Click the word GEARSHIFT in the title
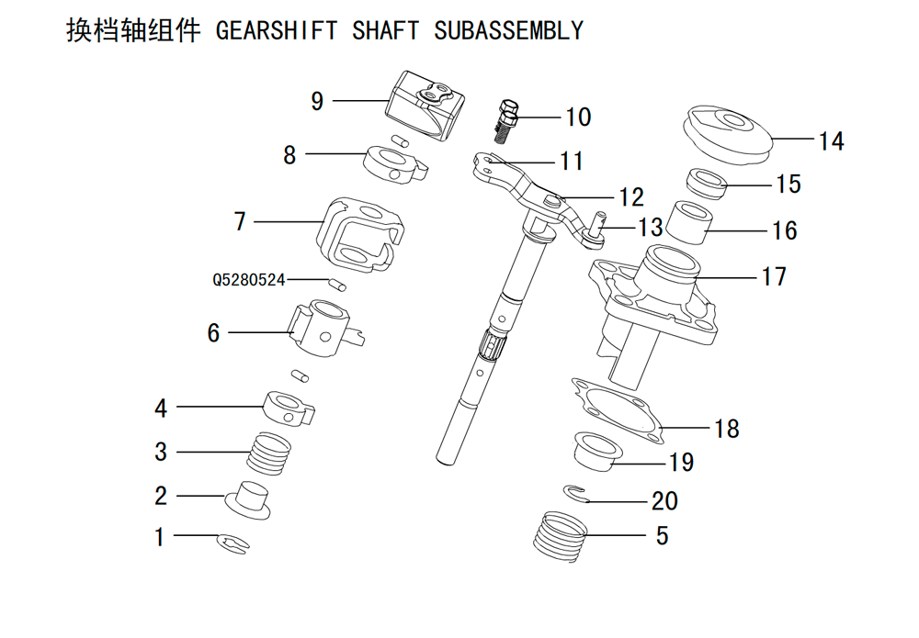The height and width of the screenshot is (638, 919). pos(277,31)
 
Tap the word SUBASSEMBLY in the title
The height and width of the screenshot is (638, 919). pos(509,31)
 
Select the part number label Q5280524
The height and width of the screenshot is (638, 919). pos(248,280)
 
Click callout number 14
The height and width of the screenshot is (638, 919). pos(831,141)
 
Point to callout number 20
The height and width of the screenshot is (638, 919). pos(664,501)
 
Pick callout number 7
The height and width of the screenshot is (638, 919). pos(240,222)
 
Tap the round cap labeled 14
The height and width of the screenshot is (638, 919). pos(727,135)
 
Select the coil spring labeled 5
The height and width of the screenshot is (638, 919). pos(561,537)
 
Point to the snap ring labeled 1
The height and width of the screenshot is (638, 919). pos(233,543)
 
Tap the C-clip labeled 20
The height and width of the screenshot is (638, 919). pos(576,494)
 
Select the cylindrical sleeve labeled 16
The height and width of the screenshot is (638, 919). pos(691,224)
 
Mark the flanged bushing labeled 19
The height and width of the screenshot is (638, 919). pos(596,450)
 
